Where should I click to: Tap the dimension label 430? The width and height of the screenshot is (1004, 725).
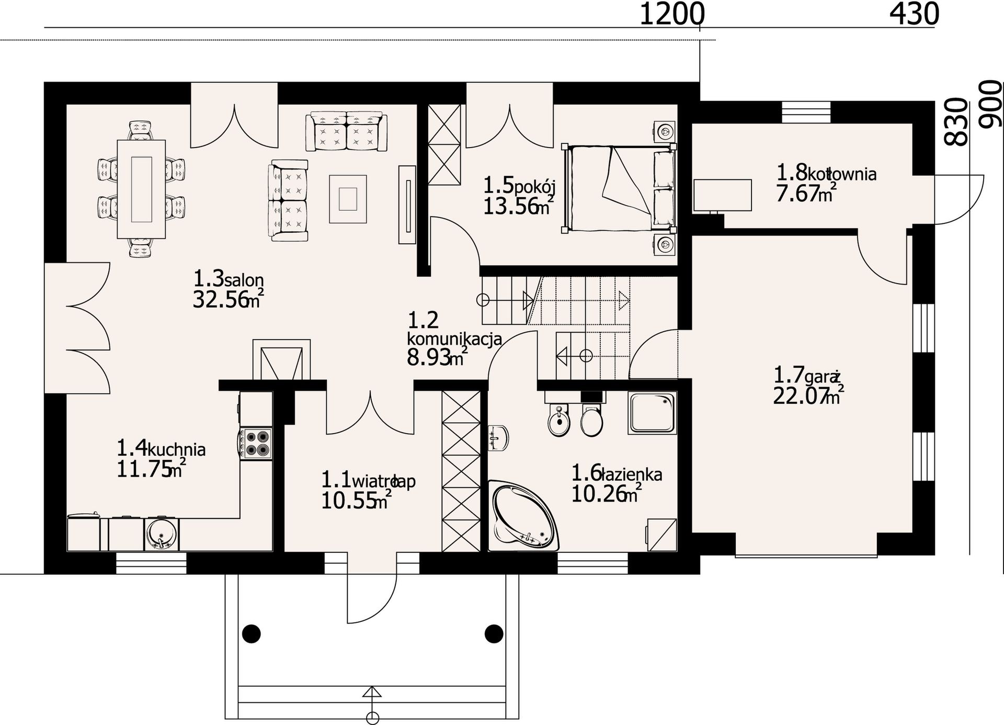pos(914,14)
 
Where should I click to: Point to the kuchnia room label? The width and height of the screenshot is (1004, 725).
pos(176,449)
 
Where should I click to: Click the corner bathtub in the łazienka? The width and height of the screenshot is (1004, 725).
pos(524,516)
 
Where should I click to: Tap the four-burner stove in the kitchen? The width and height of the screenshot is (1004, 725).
pos(256,443)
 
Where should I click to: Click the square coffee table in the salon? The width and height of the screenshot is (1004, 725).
pos(348,199)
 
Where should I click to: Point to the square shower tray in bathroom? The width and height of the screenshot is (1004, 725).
pos(653,413)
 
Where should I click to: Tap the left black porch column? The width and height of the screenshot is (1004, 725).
pos(252,633)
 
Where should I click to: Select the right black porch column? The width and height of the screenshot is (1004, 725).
pos(494,633)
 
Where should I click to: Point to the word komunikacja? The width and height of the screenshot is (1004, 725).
pos(454,338)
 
